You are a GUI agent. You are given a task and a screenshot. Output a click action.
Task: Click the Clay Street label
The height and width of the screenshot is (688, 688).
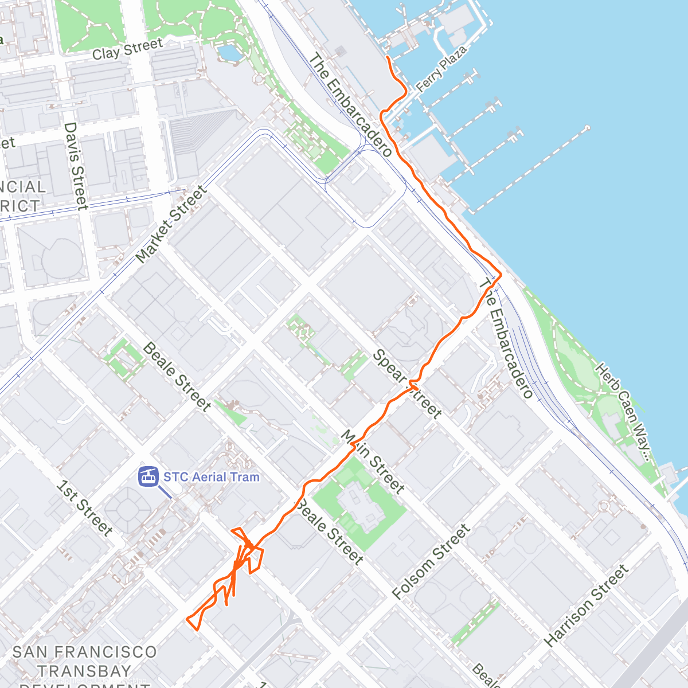(127, 49)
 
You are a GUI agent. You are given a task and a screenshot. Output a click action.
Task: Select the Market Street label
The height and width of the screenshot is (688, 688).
(171, 224)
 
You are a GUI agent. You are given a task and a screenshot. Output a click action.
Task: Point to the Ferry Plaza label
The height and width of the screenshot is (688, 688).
(441, 69)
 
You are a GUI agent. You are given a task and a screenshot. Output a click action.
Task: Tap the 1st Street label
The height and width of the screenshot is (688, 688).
(84, 508)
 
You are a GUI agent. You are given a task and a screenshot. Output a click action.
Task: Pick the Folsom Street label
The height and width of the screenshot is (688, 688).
(431, 562)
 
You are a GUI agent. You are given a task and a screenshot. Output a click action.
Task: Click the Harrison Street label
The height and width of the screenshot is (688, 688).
(586, 605)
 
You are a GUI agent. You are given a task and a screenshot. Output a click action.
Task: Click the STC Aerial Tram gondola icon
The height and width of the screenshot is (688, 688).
(148, 476)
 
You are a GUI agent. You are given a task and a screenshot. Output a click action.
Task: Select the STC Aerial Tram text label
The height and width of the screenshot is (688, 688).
(211, 477)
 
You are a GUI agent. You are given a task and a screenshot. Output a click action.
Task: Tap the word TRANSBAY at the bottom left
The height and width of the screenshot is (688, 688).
(84, 670)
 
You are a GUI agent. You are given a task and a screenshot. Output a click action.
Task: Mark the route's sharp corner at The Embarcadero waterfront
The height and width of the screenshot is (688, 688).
(501, 275)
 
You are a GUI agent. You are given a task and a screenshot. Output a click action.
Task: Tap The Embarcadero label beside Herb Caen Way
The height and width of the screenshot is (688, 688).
(506, 338)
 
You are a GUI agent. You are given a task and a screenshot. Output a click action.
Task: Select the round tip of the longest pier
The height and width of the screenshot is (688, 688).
(588, 127)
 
